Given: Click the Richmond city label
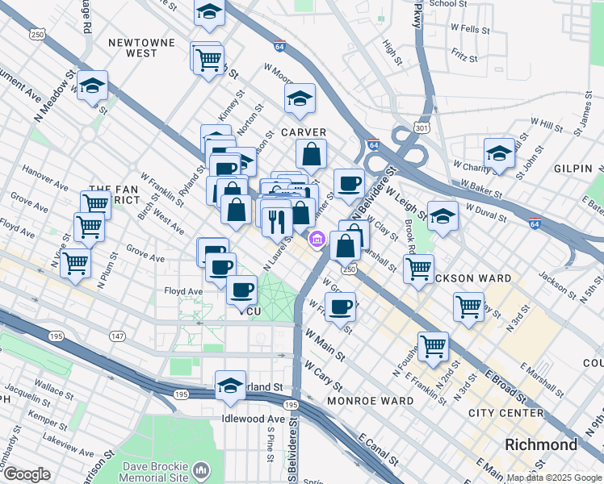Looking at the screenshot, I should (x=541, y=444).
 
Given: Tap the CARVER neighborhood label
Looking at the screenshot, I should (x=304, y=132).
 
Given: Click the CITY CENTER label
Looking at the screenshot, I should (x=505, y=413).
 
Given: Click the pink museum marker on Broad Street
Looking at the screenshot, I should (x=317, y=239).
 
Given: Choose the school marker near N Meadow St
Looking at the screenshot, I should (x=92, y=85).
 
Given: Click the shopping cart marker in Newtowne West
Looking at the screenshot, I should (x=208, y=59).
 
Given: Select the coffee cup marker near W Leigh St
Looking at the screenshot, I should (x=349, y=183).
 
